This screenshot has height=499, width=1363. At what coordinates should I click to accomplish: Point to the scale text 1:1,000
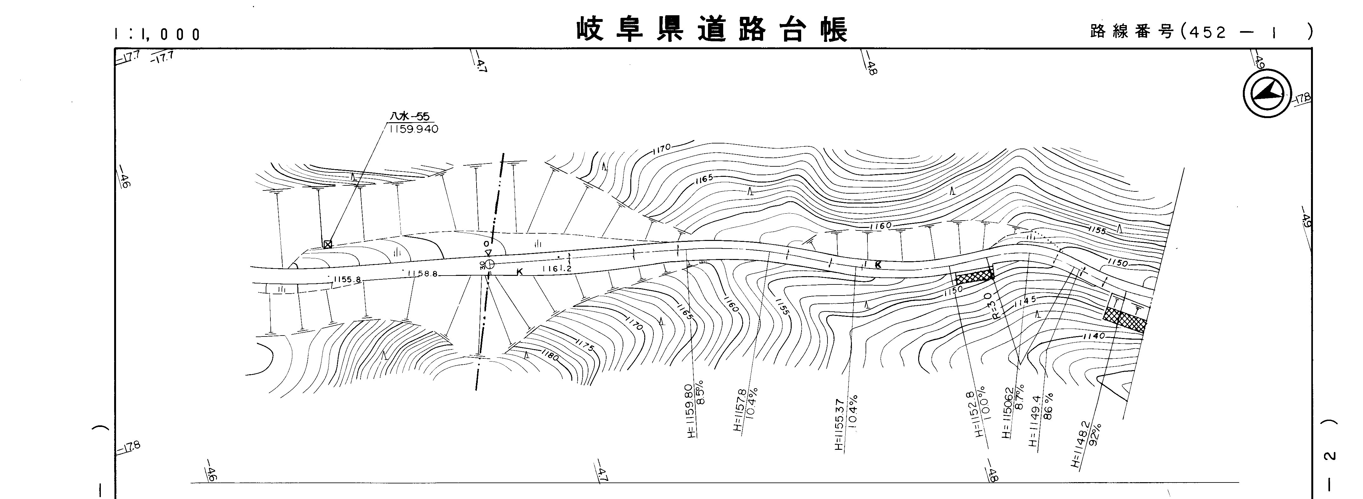click(x=157, y=34)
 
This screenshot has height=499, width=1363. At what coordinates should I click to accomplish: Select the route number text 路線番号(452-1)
click(x=1201, y=32)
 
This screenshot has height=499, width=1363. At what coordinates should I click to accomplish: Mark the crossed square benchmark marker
click(x=328, y=244)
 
